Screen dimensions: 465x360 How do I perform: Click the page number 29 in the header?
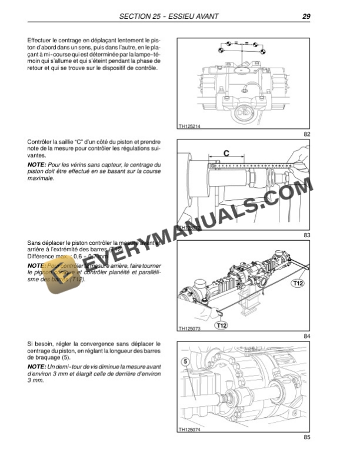click(306, 16)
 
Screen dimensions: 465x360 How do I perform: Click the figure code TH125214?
click(189, 125)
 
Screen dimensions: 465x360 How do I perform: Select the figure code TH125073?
click(189, 328)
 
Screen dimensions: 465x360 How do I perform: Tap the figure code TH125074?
click(189, 429)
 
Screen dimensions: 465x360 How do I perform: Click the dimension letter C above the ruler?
click(226, 153)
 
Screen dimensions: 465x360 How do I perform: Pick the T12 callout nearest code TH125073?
click(222, 324)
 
